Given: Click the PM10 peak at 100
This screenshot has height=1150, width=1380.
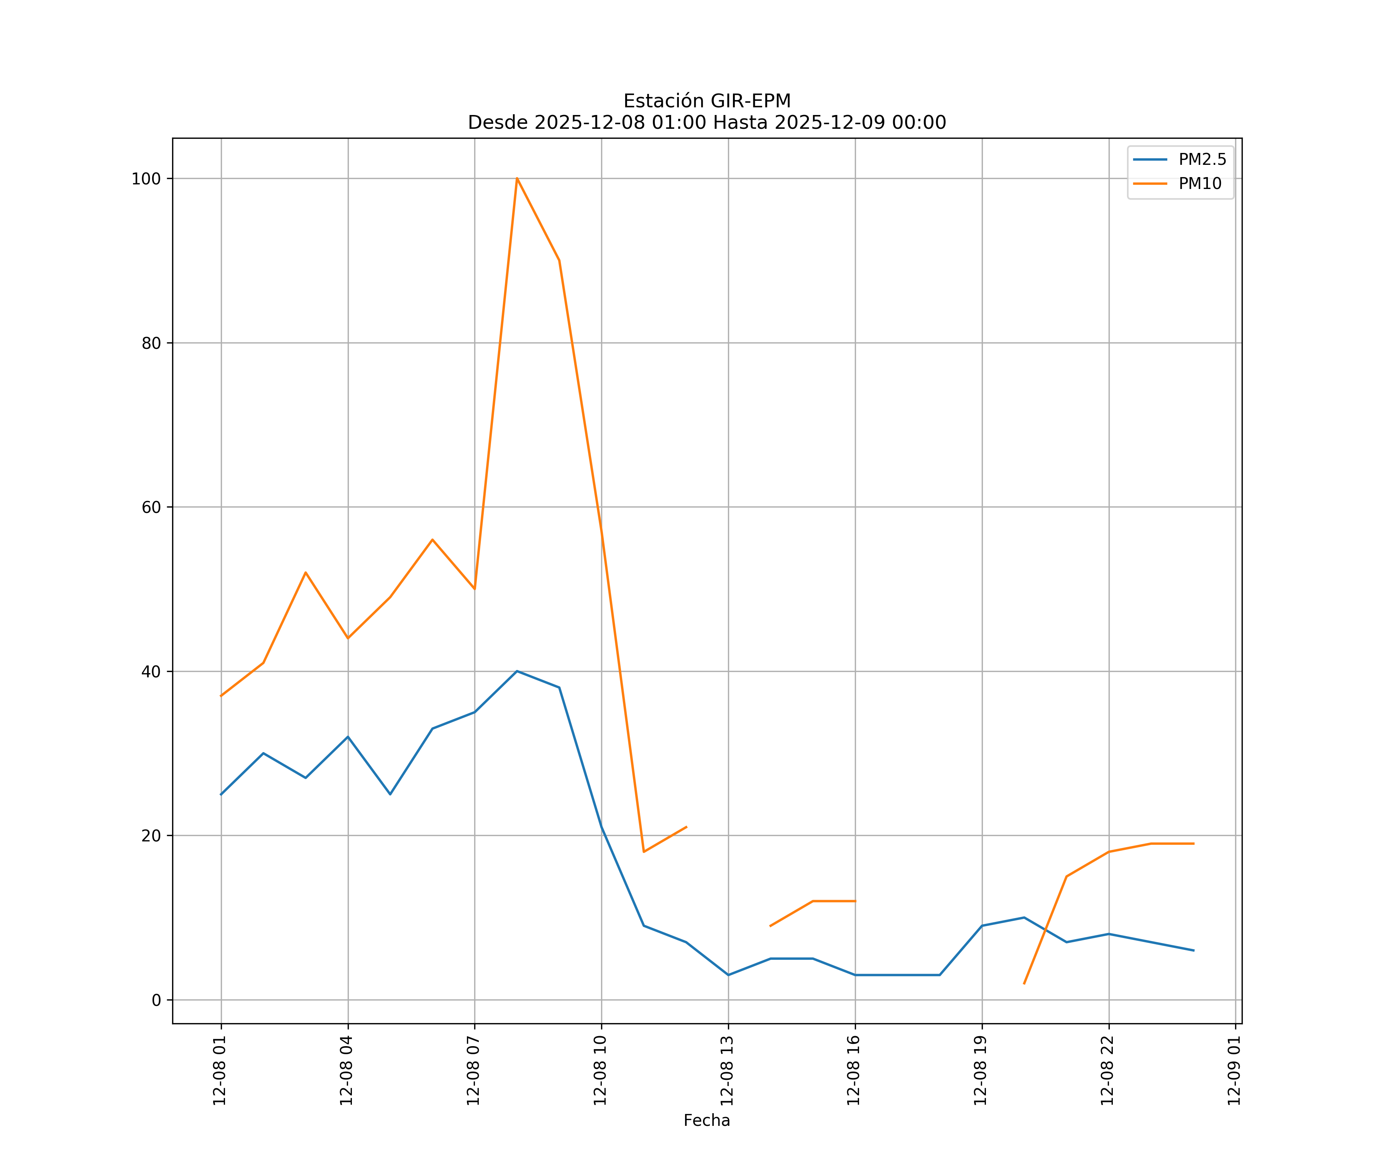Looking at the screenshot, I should point(517,178).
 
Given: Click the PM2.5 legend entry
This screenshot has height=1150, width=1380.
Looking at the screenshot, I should point(1202,160).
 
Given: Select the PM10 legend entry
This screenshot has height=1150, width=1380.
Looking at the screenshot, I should point(1200,184).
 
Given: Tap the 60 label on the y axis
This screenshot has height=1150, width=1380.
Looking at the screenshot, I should point(151,507).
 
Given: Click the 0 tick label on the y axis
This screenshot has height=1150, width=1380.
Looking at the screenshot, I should point(156,1000).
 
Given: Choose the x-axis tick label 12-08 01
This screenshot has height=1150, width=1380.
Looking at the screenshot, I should point(220,1071).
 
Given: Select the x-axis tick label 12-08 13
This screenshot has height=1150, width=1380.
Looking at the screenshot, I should point(727,1071).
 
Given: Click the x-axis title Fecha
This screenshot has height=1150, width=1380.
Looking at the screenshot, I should point(706,1120).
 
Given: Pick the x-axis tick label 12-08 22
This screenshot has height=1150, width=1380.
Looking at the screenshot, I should point(1107,1071).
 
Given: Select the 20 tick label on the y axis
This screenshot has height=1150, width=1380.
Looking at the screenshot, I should point(151,836).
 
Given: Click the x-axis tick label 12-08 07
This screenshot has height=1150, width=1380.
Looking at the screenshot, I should point(473,1071).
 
